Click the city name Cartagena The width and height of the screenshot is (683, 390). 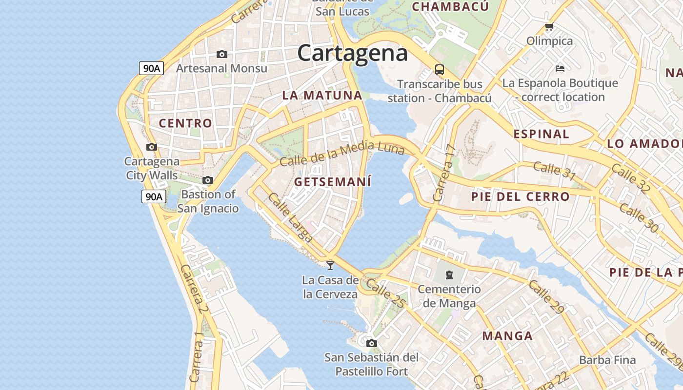coord(352,53)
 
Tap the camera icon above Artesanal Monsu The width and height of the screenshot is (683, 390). coord(222,54)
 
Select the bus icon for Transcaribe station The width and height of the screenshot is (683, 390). coord(440,69)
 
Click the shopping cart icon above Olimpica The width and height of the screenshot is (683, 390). coord(549,26)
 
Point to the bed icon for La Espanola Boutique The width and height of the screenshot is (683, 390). coord(560,69)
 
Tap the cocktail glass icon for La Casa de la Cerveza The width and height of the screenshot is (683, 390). coord(330,265)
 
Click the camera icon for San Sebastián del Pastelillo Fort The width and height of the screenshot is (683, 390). coord(372,343)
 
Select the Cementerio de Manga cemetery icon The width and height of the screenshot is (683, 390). coord(449,275)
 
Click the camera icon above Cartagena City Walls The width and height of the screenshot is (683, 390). coord(152,147)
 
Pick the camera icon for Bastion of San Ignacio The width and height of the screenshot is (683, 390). coord(208,180)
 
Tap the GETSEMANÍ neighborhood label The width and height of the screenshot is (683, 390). coord(333,182)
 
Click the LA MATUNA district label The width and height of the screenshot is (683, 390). coord(322,96)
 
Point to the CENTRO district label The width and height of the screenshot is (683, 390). coord(185,123)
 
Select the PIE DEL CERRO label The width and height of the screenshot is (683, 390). coord(520,197)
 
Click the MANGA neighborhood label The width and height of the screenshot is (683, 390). coord(507,336)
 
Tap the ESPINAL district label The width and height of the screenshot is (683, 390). coord(541,134)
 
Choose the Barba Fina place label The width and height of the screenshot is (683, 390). coord(607,360)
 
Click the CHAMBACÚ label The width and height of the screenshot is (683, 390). coord(450,6)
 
